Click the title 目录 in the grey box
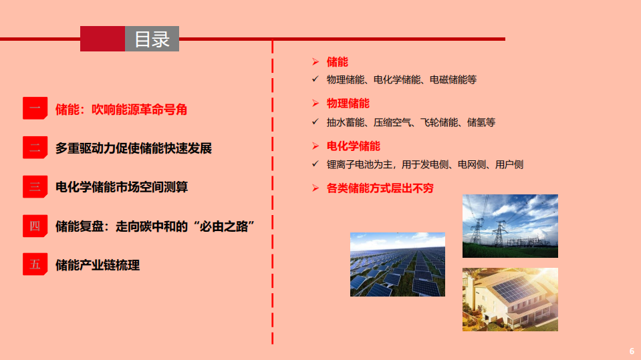152,39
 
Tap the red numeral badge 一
35,109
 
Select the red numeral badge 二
35,148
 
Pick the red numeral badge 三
35,187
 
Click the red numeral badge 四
35,226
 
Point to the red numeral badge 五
35,264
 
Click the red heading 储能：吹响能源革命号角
121,110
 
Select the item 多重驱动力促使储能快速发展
134,148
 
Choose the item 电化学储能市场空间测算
122,187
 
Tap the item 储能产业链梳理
98,265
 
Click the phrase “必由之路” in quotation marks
224,226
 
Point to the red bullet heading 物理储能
348,104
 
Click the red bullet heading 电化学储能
353,146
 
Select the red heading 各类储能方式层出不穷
380,188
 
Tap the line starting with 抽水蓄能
410,122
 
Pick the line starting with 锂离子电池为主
424,164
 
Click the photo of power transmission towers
510,226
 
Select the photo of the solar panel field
397,264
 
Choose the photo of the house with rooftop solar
510,299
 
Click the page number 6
632,351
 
